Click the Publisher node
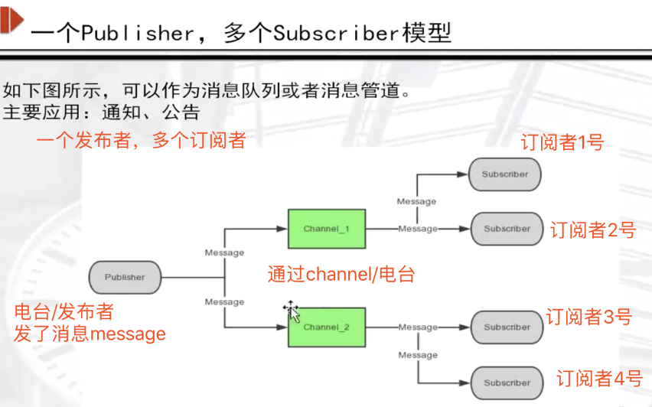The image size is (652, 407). [x=125, y=277]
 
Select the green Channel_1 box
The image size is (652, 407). [x=326, y=229]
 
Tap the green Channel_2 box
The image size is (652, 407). [x=326, y=327]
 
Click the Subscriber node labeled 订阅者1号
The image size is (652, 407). [x=505, y=174]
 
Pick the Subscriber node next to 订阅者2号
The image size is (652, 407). [x=507, y=229]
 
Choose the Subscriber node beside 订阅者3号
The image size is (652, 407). [x=507, y=327]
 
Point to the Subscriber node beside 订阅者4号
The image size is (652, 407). [x=507, y=383]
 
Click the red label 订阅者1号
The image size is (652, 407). [x=562, y=142]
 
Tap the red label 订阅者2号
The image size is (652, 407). [x=593, y=230]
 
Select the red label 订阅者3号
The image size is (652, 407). [x=589, y=317]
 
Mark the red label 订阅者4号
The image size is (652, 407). [x=600, y=378]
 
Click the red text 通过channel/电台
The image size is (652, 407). [x=341, y=274]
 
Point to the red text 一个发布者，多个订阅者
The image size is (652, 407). [x=141, y=139]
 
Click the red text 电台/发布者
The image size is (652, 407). [x=64, y=312]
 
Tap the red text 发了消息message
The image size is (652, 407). [x=90, y=334]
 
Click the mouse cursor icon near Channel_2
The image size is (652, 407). [x=292, y=311]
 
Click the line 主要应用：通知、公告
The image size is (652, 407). [x=102, y=113]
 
